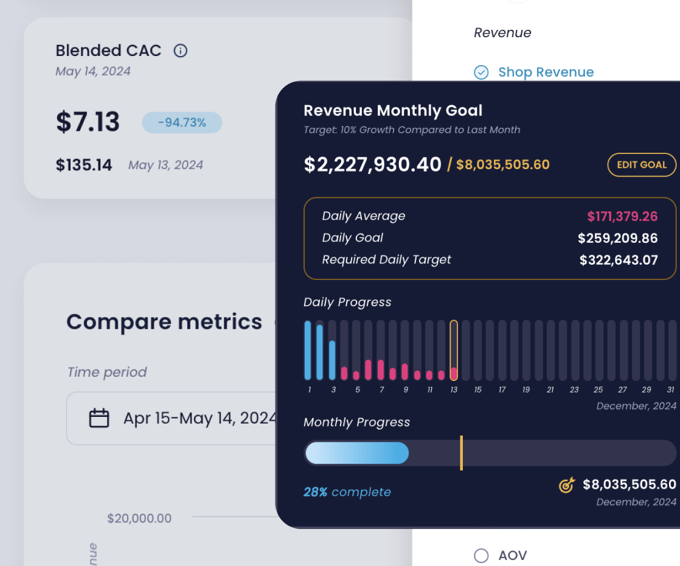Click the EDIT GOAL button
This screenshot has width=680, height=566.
(642, 164)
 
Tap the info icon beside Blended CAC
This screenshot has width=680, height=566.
(180, 51)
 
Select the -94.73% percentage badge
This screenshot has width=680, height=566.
(182, 123)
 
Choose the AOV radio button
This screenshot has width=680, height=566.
(481, 555)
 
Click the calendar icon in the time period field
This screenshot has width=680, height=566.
(99, 418)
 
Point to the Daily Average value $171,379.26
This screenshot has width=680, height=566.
(622, 216)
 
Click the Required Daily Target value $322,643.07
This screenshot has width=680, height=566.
(619, 260)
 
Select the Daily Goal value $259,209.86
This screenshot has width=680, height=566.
(617, 238)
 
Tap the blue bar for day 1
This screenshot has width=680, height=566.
(308, 351)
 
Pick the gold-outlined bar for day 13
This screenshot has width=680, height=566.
(454, 351)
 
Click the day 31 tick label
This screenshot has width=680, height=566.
(670, 390)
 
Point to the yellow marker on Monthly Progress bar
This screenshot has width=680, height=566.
(462, 453)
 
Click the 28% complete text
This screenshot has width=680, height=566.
(347, 492)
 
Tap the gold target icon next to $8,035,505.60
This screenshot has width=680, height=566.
(566, 485)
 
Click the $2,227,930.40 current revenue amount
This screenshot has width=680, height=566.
(372, 164)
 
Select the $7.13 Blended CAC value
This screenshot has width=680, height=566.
(88, 122)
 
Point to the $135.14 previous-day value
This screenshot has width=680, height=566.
(84, 165)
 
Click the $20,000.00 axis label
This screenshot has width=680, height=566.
(139, 519)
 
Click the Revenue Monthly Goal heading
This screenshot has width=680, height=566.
(393, 111)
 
